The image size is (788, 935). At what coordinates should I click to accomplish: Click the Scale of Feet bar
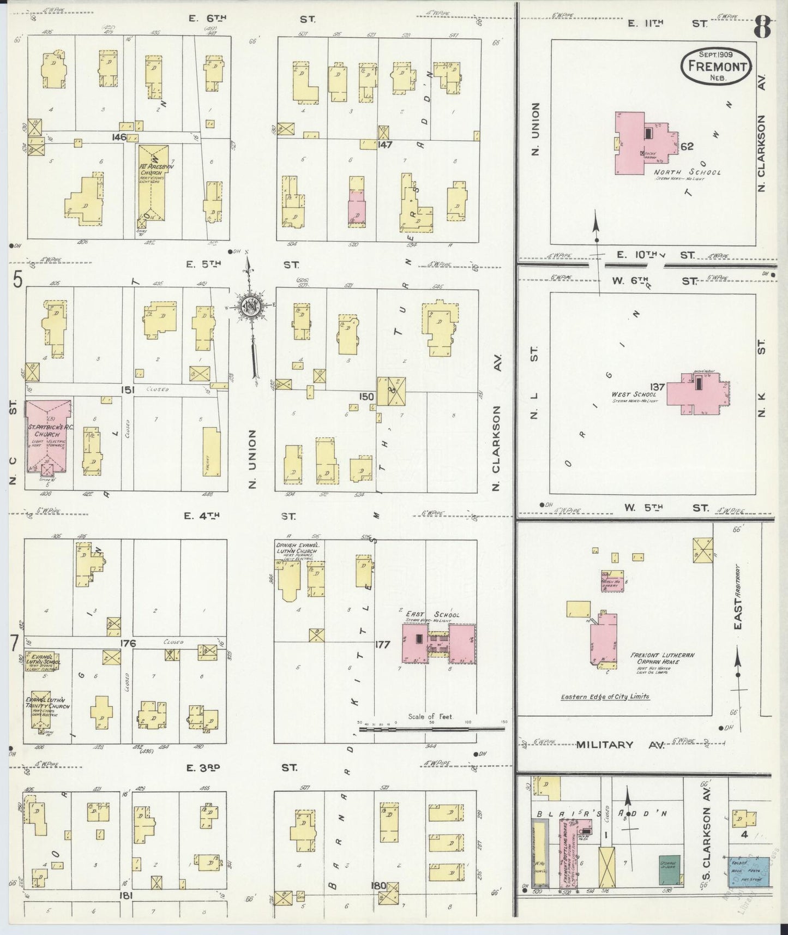pyautogui.click(x=431, y=728)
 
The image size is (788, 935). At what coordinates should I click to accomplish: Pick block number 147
pyautogui.click(x=385, y=145)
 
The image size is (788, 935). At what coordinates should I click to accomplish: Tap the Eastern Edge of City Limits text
pyautogui.click(x=605, y=697)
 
